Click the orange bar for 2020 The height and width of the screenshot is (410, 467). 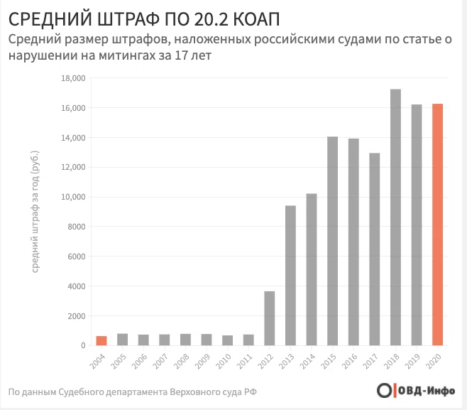tap(438, 225)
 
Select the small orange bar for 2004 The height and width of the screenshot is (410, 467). tap(101, 340)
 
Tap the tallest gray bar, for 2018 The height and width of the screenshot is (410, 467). tap(396, 217)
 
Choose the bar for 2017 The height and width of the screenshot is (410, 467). tap(375, 249)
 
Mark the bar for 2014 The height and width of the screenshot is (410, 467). tap(312, 269)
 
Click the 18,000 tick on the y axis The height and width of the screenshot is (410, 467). tap(75, 78)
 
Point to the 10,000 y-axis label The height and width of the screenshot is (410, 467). tap(75, 197)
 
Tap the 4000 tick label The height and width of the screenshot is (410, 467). tap(77, 286)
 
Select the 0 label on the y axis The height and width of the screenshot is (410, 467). tap(83, 345)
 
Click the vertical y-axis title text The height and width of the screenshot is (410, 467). tap(35, 212)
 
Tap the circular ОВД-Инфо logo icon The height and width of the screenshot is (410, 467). tap(384, 391)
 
